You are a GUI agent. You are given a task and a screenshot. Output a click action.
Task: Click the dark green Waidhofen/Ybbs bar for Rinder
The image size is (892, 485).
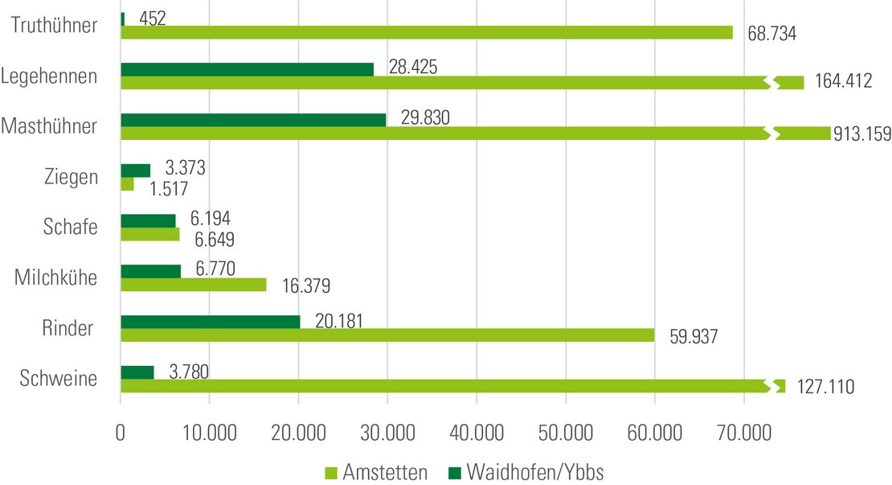click(210, 322)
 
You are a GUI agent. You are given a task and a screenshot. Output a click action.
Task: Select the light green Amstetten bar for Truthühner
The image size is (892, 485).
click(426, 32)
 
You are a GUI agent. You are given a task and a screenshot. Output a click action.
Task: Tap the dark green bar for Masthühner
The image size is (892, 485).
click(252, 120)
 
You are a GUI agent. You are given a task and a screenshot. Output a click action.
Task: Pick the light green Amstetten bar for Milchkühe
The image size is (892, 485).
click(193, 284)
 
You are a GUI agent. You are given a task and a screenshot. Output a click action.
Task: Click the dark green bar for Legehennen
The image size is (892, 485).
click(247, 69)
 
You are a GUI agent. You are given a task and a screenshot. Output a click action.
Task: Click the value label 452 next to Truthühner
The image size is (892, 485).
click(152, 18)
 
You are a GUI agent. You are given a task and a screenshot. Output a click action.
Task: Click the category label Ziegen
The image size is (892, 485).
click(73, 176)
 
